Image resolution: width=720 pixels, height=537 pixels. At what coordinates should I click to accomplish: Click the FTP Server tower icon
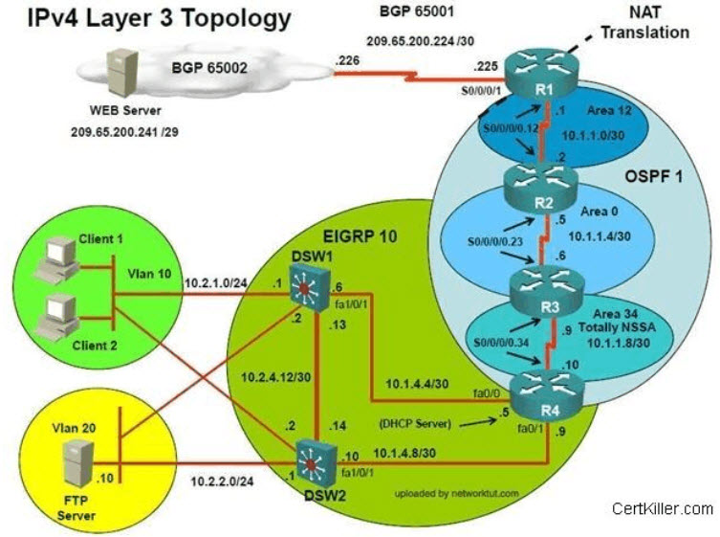[x=78, y=463]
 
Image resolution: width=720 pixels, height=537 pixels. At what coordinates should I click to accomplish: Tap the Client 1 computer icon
[x=56, y=259]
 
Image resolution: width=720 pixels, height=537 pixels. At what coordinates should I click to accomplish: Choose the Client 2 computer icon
[x=56, y=317]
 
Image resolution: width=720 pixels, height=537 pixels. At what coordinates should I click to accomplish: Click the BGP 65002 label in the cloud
[x=209, y=68]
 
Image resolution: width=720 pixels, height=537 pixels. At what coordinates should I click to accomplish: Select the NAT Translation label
[x=644, y=23]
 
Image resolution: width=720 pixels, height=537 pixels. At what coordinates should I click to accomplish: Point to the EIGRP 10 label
[x=360, y=236]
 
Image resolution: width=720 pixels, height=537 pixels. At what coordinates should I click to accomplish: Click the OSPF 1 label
[x=653, y=176]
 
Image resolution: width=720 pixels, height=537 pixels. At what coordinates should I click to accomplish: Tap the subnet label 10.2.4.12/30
[x=276, y=377]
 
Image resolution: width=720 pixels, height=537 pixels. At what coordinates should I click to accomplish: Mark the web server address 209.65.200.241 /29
[x=124, y=132]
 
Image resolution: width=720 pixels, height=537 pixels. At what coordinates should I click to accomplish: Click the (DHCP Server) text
[x=416, y=423]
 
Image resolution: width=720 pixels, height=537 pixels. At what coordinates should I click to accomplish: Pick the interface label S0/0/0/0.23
[x=495, y=241]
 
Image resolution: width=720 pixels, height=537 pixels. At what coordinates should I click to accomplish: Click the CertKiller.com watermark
[x=662, y=508]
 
